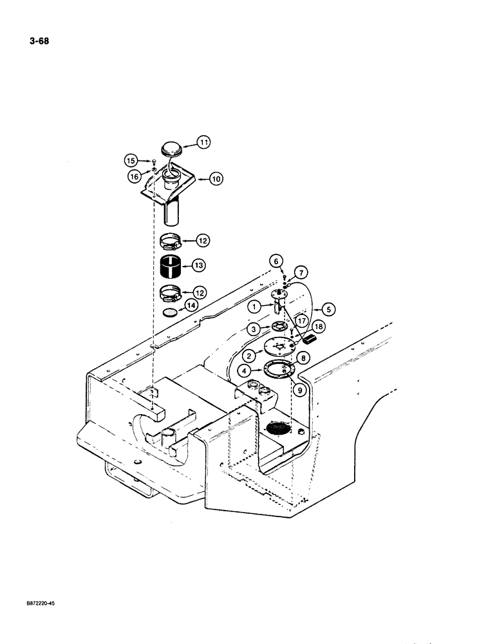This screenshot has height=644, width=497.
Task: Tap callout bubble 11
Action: (x=204, y=142)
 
